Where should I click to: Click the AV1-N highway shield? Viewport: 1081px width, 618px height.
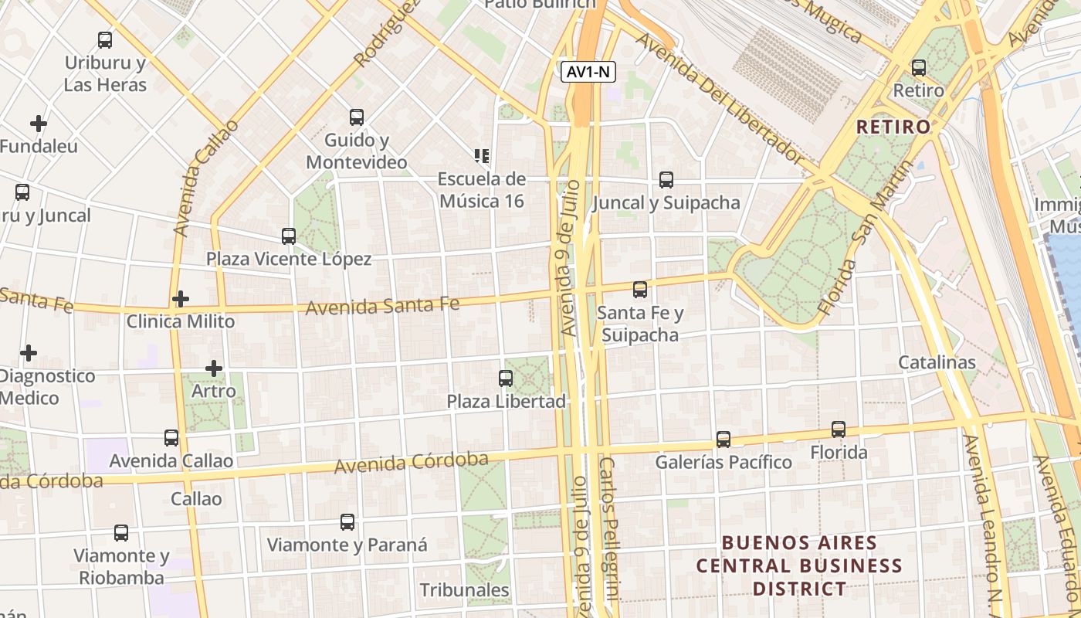pos(588,72)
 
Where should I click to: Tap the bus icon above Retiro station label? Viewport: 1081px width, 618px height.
pos(918,68)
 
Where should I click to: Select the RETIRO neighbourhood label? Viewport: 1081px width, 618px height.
pos(893,127)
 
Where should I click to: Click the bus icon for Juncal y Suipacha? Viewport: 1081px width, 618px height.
pos(666,180)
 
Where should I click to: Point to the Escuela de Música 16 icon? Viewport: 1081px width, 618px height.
pos(483,156)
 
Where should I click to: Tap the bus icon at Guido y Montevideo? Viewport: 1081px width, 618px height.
pos(356,117)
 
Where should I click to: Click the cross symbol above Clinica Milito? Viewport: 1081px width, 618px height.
pos(181,299)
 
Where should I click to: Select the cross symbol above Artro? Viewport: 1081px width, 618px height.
pos(214,368)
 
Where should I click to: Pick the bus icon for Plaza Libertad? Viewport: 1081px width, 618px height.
pos(506,379)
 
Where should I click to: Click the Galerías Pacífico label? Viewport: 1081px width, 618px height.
pos(723,462)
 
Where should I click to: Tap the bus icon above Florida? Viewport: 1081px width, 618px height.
pos(839,430)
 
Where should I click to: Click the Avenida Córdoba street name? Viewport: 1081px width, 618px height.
pos(411,463)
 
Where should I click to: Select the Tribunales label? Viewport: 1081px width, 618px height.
pos(464,590)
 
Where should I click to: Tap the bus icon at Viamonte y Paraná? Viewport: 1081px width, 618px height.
pos(347,522)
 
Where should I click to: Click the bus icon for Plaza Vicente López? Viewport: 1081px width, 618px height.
pos(289,236)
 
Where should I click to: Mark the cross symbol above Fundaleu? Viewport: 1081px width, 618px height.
pos(38,123)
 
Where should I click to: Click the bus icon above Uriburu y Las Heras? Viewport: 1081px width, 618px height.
pos(104,40)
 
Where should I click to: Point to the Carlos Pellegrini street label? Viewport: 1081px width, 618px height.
pos(609,528)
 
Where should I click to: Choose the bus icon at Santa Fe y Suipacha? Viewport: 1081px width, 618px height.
pos(640,290)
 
